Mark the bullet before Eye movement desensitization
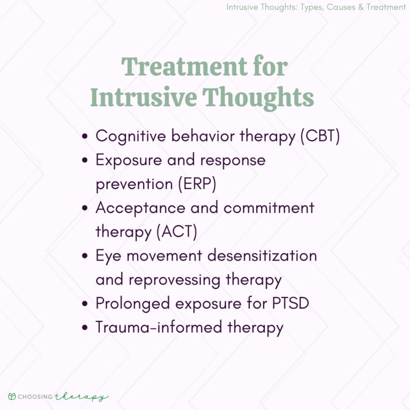85,257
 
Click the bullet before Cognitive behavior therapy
85,137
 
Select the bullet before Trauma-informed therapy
85,328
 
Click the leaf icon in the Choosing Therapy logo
12,397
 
